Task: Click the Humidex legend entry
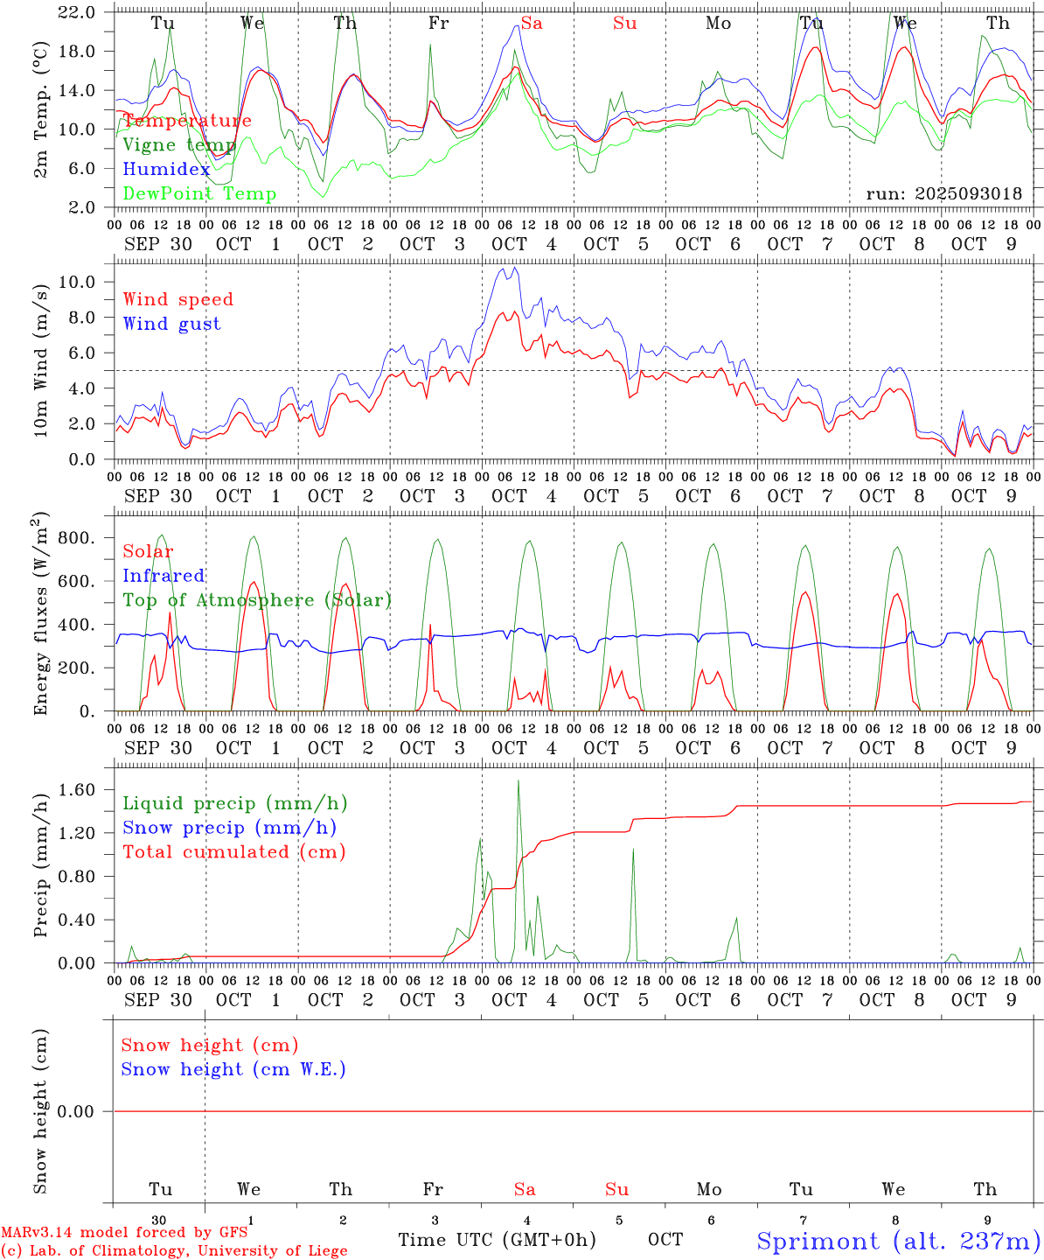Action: (166, 169)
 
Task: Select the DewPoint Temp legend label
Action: (199, 193)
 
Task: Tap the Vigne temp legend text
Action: (179, 144)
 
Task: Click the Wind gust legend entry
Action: (171, 324)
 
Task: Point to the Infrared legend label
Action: (164, 576)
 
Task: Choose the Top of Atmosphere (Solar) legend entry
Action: (256, 600)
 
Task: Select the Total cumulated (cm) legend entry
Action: (233, 851)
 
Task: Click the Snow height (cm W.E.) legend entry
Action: (233, 1069)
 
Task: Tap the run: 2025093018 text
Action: (943, 194)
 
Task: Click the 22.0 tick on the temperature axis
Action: (79, 12)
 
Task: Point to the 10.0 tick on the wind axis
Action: (79, 282)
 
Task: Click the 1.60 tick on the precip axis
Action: (79, 790)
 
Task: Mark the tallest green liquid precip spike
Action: (519, 781)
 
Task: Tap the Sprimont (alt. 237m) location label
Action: (898, 1241)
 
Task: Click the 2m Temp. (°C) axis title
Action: (41, 109)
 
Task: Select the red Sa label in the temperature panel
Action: (532, 24)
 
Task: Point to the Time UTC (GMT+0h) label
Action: (497, 1240)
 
